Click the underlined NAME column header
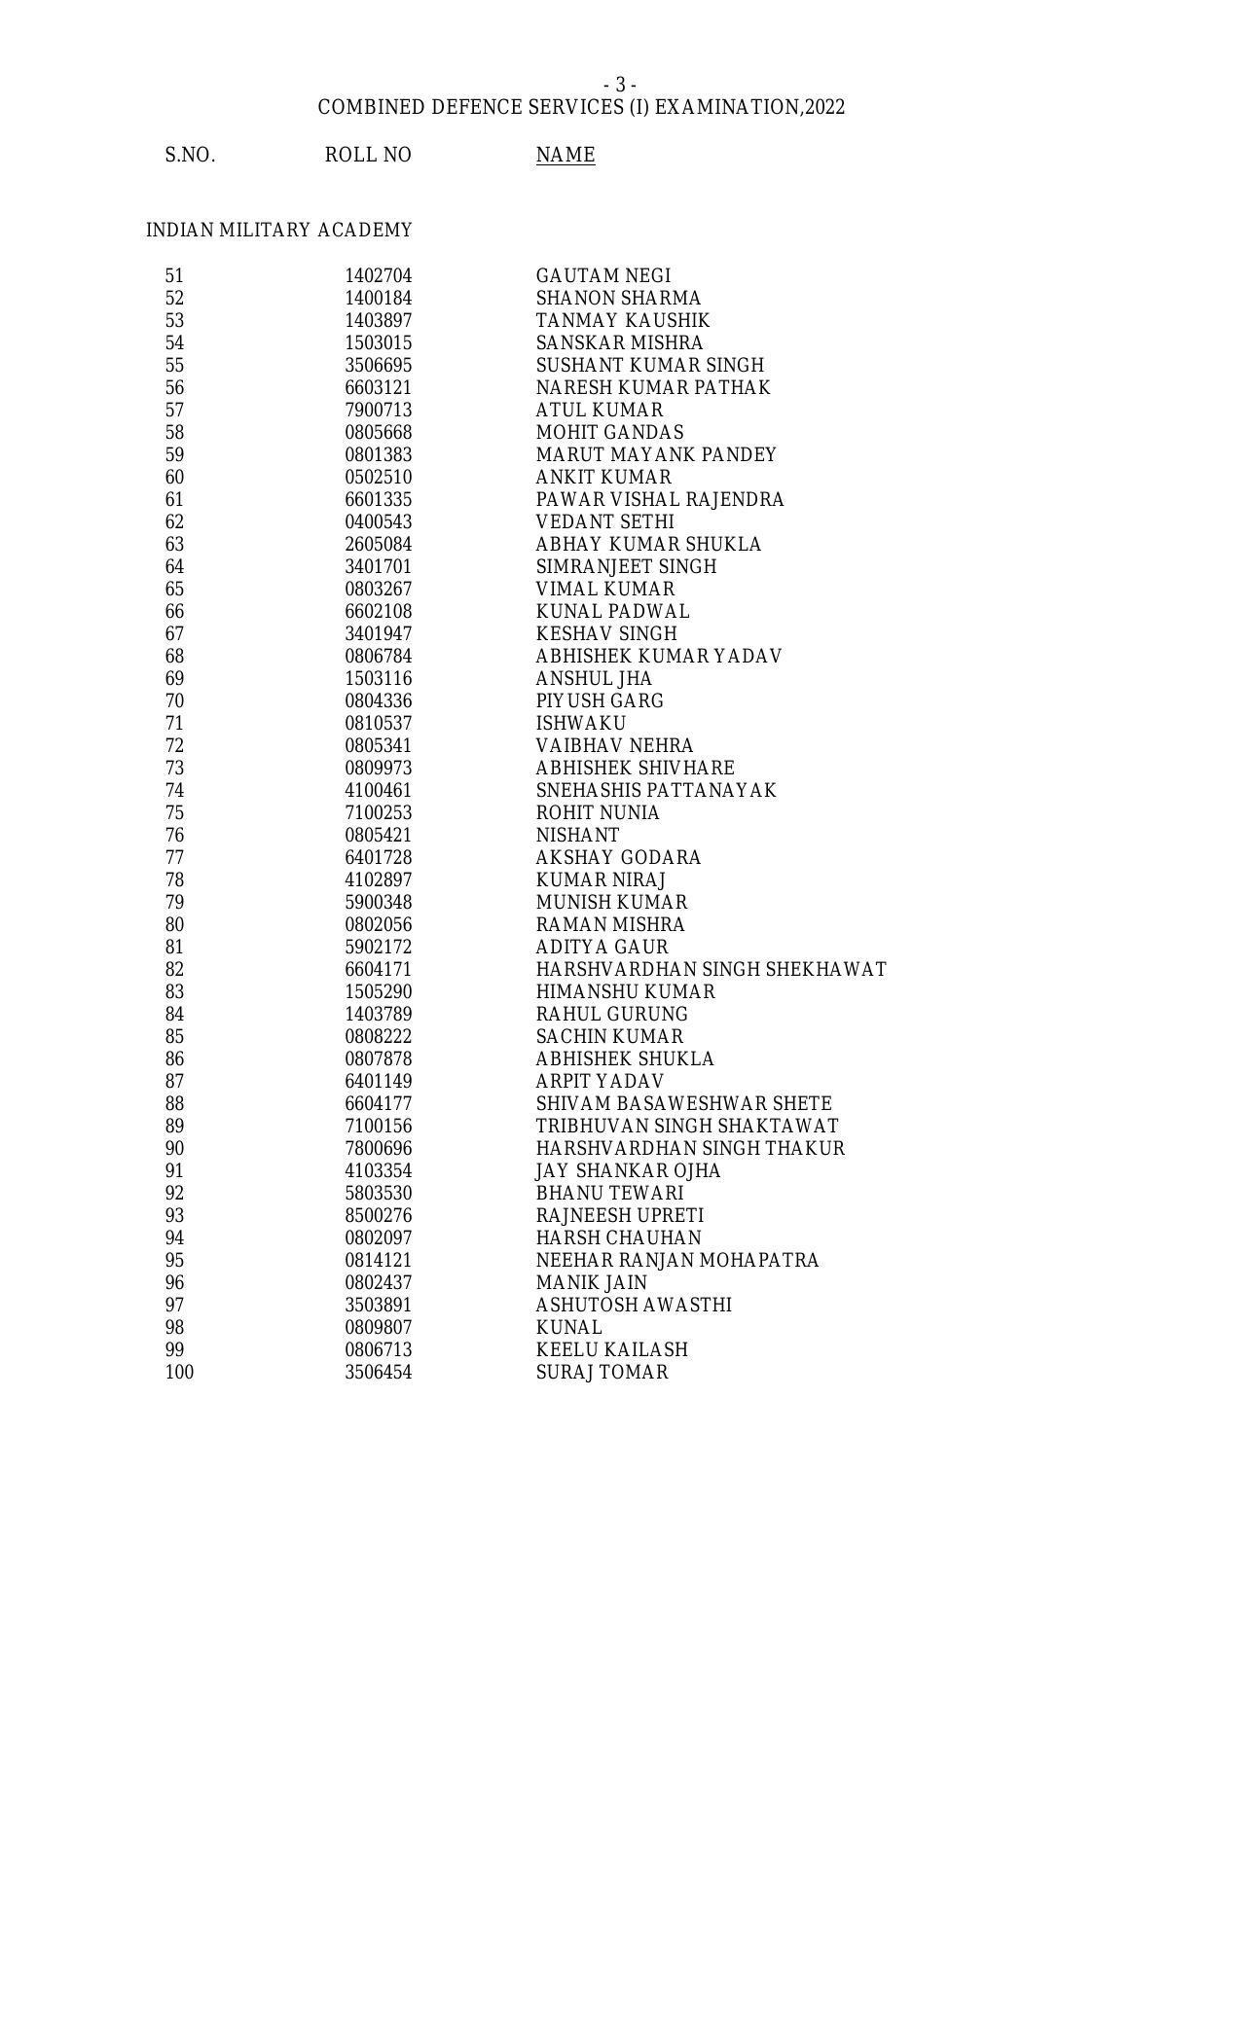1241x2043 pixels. tap(565, 156)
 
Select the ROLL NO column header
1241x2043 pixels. tap(368, 156)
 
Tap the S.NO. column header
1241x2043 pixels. tap(190, 156)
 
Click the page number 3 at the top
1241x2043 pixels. tap(620, 86)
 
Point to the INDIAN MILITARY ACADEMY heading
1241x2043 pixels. tap(278, 231)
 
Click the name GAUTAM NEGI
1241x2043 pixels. tap(602, 276)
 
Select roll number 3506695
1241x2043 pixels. tap(378, 366)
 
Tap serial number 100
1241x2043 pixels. tap(179, 1373)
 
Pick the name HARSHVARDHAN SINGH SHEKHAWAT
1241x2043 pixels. tap(711, 970)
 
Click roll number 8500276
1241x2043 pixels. tap(378, 1216)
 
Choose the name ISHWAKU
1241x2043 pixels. tap(580, 724)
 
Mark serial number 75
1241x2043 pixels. tap(174, 813)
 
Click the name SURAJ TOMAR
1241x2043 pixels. tap(602, 1373)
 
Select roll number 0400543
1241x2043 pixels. tap(378, 522)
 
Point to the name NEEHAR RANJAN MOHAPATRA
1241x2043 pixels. tap(676, 1261)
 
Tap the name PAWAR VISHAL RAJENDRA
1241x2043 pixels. tap(659, 500)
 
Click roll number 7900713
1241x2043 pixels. tap(378, 411)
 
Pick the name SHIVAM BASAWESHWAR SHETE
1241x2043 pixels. tap(683, 1104)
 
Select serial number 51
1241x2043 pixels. tap(174, 276)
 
